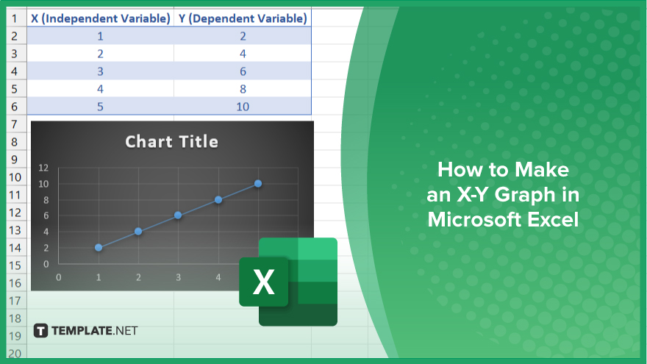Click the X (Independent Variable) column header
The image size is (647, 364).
tap(100, 18)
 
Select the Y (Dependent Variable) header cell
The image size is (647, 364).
tap(243, 18)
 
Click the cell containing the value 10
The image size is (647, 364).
tap(243, 107)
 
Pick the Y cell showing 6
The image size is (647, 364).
tap(243, 71)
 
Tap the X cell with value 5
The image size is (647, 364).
tap(100, 107)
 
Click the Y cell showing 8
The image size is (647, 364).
tap(243, 89)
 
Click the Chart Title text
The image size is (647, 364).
tap(171, 141)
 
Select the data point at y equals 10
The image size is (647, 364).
tap(258, 184)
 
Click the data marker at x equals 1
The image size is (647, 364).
tap(99, 248)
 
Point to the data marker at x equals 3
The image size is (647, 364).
tap(178, 215)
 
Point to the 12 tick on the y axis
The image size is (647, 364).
tap(43, 168)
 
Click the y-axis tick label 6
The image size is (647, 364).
tap(46, 215)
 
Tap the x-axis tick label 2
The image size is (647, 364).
tap(138, 277)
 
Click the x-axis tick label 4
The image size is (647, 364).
tap(218, 277)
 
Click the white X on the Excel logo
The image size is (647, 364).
tap(263, 282)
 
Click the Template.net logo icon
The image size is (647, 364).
tap(40, 331)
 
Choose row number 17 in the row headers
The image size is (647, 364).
tap(15, 301)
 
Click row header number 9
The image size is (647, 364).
tap(15, 160)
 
